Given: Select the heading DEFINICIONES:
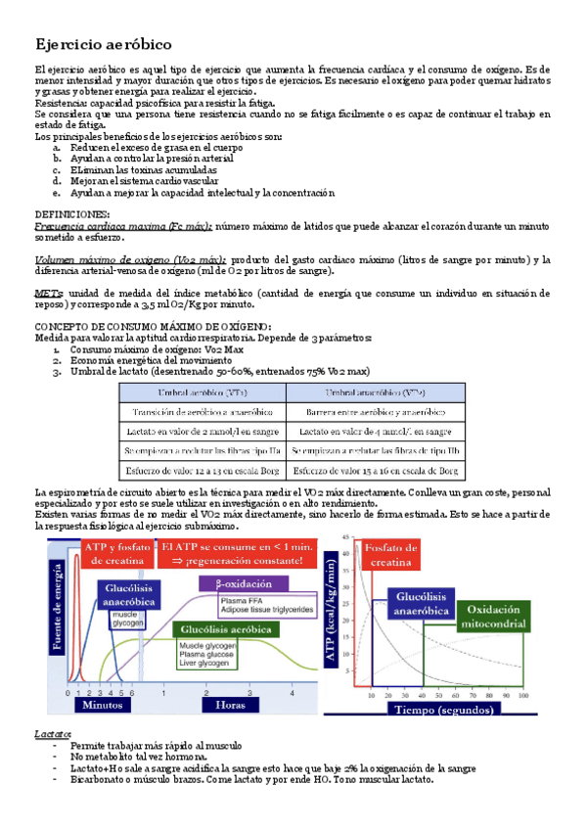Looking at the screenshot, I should pyautogui.click(x=72, y=212).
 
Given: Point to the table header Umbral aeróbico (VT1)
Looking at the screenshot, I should pyautogui.click(x=202, y=392).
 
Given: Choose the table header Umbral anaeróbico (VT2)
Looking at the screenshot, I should pyautogui.click(x=375, y=392).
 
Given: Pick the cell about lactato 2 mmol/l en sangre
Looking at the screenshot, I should pyautogui.click(x=203, y=431).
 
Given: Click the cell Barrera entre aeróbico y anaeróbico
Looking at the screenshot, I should pyautogui.click(x=374, y=411).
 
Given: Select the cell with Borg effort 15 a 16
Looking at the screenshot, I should pyautogui.click(x=374, y=470).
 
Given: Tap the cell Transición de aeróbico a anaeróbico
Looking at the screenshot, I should pyautogui.click(x=203, y=411).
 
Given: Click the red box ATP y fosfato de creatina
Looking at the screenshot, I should pyautogui.click(x=115, y=553).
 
